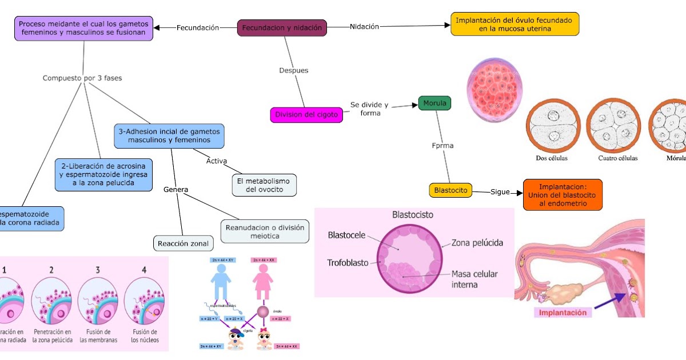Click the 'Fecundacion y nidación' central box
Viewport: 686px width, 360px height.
click(x=282, y=27)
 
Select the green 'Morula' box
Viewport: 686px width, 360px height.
click(x=434, y=103)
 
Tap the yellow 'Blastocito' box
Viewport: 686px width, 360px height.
click(x=450, y=190)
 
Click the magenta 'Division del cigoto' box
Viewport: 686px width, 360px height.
click(x=306, y=115)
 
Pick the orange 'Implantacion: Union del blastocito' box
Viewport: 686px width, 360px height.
click(x=563, y=195)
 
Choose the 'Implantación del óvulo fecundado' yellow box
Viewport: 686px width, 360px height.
click(x=514, y=24)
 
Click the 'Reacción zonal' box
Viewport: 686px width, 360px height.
click(x=183, y=243)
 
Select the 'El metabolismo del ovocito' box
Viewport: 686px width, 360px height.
click(x=264, y=185)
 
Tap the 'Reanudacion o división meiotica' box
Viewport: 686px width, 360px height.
click(x=265, y=231)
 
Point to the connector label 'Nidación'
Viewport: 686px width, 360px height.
click(x=364, y=26)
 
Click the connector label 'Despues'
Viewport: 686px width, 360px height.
click(x=293, y=70)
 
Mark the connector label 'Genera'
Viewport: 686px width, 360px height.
click(x=176, y=189)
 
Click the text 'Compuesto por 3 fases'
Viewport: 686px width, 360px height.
click(x=82, y=78)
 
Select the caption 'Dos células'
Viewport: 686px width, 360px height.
click(x=552, y=158)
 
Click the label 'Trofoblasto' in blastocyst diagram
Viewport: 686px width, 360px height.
click(x=348, y=263)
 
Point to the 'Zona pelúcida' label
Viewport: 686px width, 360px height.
click(x=477, y=243)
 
